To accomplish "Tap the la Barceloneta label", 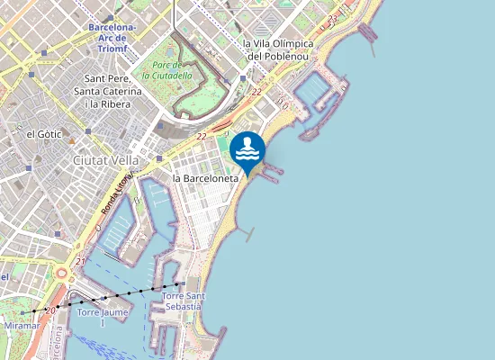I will click(x=206, y=178).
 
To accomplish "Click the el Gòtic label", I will click(x=43, y=133).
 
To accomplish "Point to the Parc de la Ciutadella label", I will click(x=167, y=70).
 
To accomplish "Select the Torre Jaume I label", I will click(x=103, y=317).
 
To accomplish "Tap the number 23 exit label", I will click(x=332, y=18).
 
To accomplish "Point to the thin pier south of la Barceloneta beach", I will click(x=247, y=234).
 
